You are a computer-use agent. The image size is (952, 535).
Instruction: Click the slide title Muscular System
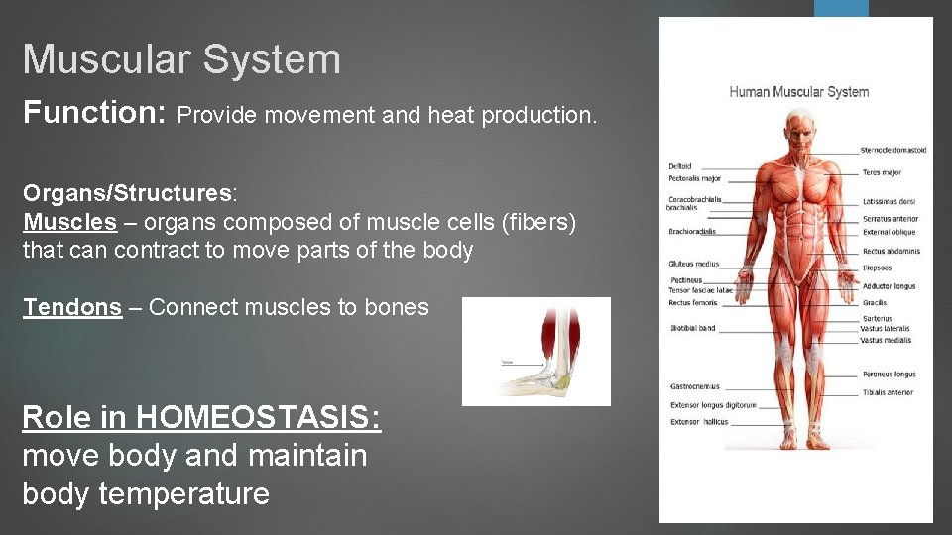pyautogui.click(x=181, y=59)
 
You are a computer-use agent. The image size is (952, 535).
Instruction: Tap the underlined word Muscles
pyautogui.click(x=69, y=221)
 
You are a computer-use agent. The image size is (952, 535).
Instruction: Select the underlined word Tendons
pyautogui.click(x=72, y=307)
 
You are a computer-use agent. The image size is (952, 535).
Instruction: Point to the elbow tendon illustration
pyautogui.click(x=536, y=352)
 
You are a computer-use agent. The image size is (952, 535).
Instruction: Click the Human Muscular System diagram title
pyautogui.click(x=798, y=92)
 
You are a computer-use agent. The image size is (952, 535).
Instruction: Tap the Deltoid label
pyautogui.click(x=680, y=166)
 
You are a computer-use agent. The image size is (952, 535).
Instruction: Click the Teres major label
pyautogui.click(x=882, y=172)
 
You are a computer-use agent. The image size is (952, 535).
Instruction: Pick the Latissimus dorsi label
pyautogui.click(x=889, y=201)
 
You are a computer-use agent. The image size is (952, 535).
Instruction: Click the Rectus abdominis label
pyautogui.click(x=891, y=251)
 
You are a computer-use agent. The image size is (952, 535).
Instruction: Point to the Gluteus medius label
pyautogui.click(x=694, y=265)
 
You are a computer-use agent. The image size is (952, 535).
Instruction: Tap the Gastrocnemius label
pyautogui.click(x=695, y=386)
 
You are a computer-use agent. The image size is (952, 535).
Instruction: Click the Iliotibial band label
pyautogui.click(x=692, y=328)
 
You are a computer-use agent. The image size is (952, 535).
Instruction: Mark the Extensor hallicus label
pyautogui.click(x=698, y=422)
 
